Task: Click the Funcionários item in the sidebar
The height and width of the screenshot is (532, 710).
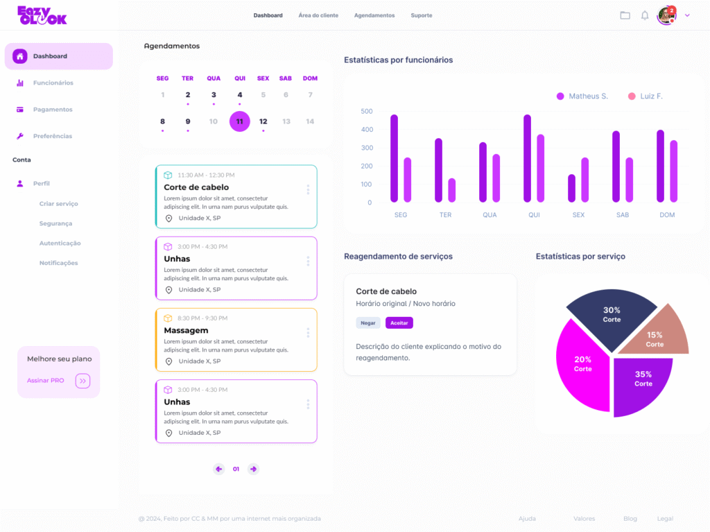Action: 53,83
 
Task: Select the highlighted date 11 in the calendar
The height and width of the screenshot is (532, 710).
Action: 239,121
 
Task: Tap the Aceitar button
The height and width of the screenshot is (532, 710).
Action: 399,323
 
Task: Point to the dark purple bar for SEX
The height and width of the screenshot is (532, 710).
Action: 571,188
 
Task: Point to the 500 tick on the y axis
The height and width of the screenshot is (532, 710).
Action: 367,112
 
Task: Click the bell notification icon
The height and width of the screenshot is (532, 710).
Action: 645,15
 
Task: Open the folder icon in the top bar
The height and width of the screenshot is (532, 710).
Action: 625,15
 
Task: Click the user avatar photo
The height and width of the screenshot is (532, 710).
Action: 666,15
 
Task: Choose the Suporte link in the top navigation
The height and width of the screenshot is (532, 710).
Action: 421,15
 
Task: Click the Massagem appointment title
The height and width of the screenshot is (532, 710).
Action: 186,330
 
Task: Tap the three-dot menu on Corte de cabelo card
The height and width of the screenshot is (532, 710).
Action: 308,189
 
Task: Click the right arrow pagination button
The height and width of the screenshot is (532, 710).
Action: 253,469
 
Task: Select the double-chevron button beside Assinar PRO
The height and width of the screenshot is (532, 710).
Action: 83,381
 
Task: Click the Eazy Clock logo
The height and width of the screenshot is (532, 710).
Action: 42,15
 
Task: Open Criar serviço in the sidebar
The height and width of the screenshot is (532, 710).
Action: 59,204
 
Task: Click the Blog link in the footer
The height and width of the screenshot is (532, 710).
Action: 630,519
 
